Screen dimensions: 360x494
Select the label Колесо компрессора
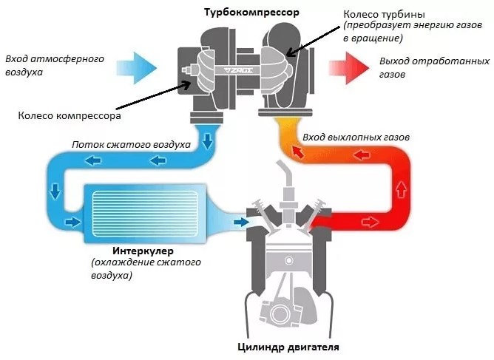coord(70,115)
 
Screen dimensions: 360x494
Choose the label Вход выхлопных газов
coord(356,137)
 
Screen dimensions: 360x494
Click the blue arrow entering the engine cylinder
coord(240,220)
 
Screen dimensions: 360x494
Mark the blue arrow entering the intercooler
coord(72,221)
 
